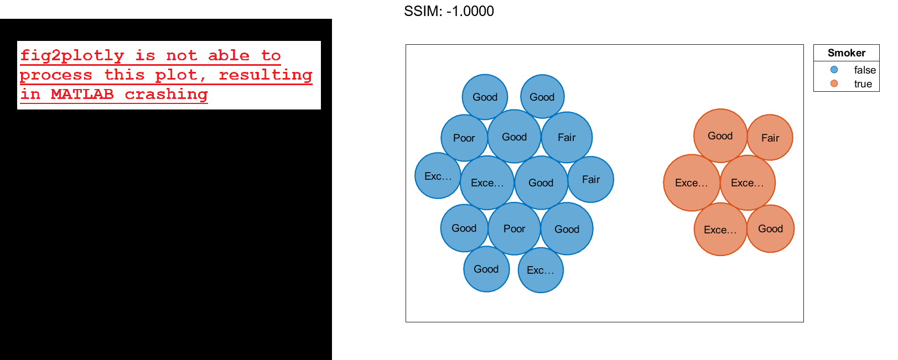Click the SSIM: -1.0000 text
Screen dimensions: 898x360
449,11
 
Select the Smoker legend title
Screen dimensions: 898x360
846,53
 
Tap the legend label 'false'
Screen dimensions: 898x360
864,70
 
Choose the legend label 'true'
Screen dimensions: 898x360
863,84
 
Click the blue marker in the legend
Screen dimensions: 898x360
834,70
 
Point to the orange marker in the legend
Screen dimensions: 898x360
834,84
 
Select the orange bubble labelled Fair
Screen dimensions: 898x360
770,138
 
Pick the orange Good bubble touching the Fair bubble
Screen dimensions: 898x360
720,136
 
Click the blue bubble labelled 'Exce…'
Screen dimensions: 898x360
487,183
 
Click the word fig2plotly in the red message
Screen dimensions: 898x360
72,56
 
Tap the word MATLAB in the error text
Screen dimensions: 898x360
82,95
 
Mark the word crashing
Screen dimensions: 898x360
166,95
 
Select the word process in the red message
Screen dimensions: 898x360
56,75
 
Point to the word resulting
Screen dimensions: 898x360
266,75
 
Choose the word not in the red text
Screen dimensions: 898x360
181,56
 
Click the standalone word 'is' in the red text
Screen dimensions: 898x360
145,56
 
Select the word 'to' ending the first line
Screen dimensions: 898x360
271,56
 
